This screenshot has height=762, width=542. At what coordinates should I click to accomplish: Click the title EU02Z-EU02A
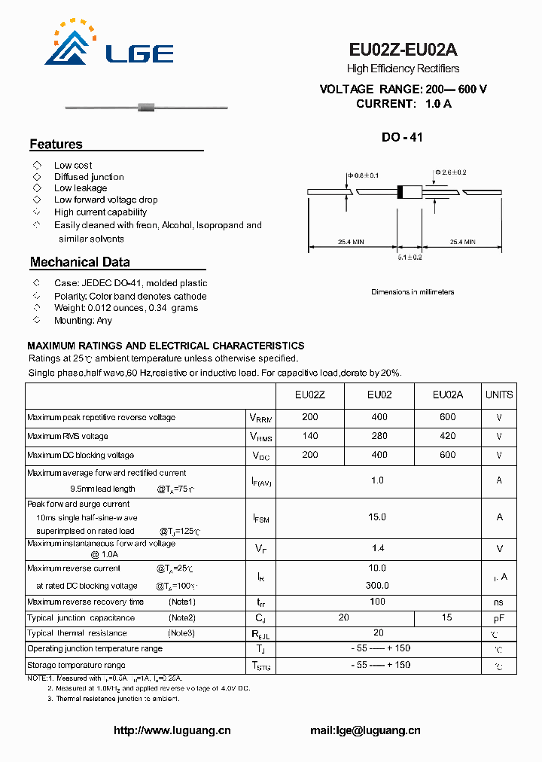pos(403,50)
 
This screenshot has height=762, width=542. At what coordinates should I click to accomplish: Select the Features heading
pos(56,145)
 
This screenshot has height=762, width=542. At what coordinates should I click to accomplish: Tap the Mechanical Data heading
pos(80,263)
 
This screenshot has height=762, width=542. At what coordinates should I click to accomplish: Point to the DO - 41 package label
pos(402,138)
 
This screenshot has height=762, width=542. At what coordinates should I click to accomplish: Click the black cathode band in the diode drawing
pos(400,193)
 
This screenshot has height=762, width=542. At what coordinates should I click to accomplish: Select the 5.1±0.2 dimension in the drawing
pos(410,258)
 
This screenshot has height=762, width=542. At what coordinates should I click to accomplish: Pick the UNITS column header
pos(498,395)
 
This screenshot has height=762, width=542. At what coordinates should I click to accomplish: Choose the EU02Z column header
pos(310,395)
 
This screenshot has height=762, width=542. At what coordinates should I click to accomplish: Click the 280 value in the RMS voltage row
pos(379,436)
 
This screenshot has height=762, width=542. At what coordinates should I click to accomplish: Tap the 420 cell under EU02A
pos(448,436)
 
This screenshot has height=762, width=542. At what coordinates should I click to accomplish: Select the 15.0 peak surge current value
pos(377,517)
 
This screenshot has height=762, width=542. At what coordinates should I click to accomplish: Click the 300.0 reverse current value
pos(377,585)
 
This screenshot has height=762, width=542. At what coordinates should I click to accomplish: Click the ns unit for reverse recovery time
pos(498,602)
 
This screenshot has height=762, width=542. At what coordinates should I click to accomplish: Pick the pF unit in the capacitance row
pos(498,617)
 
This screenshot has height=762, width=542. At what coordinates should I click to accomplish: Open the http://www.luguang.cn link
pos(172,730)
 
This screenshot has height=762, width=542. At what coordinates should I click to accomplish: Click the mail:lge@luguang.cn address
pos(365,730)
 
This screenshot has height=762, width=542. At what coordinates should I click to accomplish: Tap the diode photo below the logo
pos(147,109)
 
